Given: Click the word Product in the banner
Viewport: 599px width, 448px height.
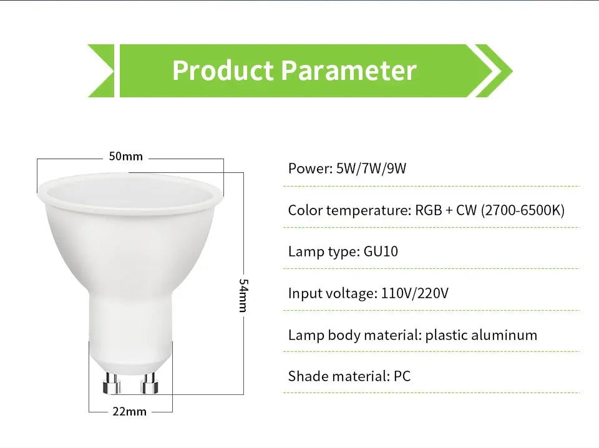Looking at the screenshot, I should (x=222, y=71).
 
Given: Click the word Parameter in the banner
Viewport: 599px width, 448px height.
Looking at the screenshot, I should (x=348, y=71).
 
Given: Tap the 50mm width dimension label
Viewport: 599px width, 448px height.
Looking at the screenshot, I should (x=126, y=156).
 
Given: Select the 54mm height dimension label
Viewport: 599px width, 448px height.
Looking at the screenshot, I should (x=244, y=296).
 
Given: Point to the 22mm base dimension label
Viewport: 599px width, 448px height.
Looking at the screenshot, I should (x=130, y=411).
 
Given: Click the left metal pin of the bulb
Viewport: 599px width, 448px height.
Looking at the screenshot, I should (x=112, y=382).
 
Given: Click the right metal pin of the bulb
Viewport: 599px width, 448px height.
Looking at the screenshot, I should (x=149, y=382).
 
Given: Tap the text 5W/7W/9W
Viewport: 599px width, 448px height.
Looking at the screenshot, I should (x=371, y=168).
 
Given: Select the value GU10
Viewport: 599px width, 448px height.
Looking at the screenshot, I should (x=381, y=251).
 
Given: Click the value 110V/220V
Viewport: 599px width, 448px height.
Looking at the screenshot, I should (x=414, y=293).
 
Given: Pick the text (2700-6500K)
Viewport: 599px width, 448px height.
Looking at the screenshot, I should (x=523, y=210).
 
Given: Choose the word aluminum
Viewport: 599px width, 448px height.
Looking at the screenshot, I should (x=504, y=335).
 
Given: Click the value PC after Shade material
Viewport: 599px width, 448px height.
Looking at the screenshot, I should (x=402, y=376).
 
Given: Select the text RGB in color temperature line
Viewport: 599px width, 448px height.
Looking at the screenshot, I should (x=429, y=210).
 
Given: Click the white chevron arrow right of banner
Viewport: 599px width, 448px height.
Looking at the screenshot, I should (x=493, y=71).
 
